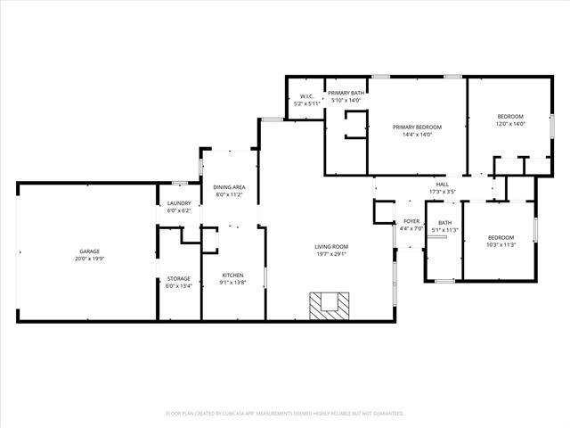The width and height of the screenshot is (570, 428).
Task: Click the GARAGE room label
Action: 87,251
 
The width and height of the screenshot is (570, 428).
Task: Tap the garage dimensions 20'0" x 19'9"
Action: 87,259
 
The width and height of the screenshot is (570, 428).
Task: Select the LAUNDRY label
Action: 179,203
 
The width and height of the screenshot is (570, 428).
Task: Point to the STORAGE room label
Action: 179,279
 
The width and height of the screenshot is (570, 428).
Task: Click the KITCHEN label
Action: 232,275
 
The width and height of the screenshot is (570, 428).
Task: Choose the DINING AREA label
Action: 229,186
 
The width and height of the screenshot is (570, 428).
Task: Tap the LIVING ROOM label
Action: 330,246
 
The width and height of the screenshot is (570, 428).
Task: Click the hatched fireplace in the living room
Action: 328,306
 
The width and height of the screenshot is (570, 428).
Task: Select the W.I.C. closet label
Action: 306,96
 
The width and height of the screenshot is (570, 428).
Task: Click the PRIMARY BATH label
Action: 346,93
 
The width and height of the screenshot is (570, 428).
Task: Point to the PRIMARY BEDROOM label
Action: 418,127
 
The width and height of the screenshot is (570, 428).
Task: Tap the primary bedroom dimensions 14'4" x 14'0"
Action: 418,134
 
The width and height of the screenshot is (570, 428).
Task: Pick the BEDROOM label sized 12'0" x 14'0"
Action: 510,116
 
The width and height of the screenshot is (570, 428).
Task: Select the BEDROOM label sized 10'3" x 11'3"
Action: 501,237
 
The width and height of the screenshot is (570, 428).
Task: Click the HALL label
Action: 443,185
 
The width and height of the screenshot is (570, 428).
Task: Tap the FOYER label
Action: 411,221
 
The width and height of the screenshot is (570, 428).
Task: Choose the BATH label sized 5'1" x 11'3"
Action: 444,223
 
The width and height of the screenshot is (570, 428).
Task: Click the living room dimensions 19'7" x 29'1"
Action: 330,253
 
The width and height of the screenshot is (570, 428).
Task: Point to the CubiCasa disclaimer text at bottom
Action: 285,414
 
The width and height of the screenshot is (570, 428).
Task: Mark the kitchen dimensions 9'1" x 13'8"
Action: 232,282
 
